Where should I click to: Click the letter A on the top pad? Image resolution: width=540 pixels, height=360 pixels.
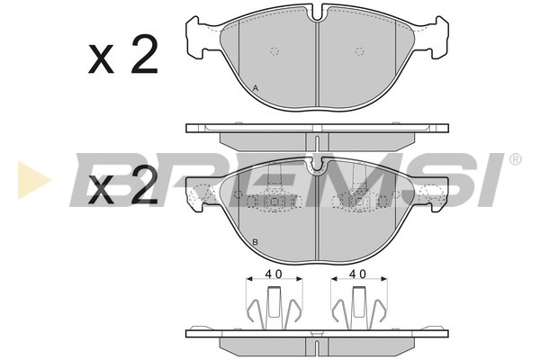click(x=256, y=88)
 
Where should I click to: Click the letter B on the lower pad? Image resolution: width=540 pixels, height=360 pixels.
click(x=256, y=242)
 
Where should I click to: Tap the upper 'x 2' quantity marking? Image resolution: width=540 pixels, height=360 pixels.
click(x=123, y=54)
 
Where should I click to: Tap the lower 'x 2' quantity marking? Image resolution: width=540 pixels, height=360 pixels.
click(x=123, y=184)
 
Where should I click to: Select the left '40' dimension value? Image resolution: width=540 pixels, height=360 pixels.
click(x=274, y=274)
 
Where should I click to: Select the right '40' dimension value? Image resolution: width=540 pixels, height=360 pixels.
click(x=358, y=274)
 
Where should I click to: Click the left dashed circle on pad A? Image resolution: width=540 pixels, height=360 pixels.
click(x=274, y=51)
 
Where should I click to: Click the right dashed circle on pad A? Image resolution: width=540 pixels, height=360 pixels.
click(x=359, y=51)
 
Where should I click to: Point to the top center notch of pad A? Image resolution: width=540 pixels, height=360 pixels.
click(x=317, y=13)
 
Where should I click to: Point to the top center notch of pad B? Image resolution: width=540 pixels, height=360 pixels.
click(x=317, y=166)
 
